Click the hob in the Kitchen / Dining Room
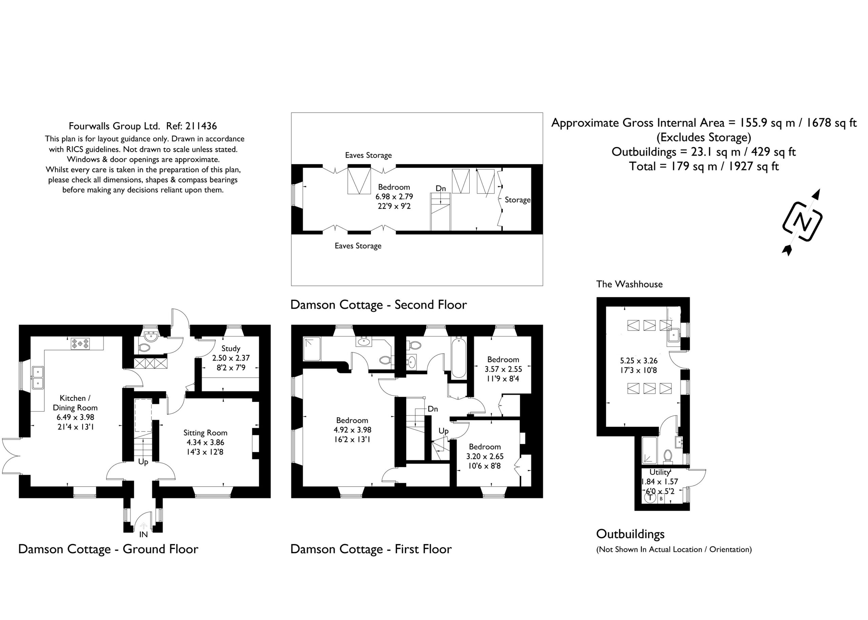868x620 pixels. pyautogui.click(x=81, y=344)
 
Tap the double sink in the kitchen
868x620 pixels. pyautogui.click(x=38, y=377)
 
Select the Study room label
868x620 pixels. pyautogui.click(x=231, y=348)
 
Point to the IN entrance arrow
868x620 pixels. pyautogui.click(x=143, y=526)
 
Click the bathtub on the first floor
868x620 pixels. pyautogui.click(x=459, y=357)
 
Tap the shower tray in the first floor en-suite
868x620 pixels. pyautogui.click(x=312, y=348)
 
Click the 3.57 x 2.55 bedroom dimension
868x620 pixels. pyautogui.click(x=503, y=369)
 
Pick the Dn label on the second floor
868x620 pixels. pyautogui.click(x=441, y=189)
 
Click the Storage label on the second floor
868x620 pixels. pyautogui.click(x=517, y=200)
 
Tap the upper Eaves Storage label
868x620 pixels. pyautogui.click(x=369, y=155)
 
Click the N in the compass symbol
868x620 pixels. pyautogui.click(x=802, y=221)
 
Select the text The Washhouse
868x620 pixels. pyautogui.click(x=629, y=284)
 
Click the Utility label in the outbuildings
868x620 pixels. pyautogui.click(x=660, y=472)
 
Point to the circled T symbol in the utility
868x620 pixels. pyautogui.click(x=650, y=497)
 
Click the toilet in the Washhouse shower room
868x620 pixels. pyautogui.click(x=668, y=456)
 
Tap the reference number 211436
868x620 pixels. pyautogui.click(x=201, y=126)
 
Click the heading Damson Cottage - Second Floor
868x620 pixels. pyautogui.click(x=378, y=305)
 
